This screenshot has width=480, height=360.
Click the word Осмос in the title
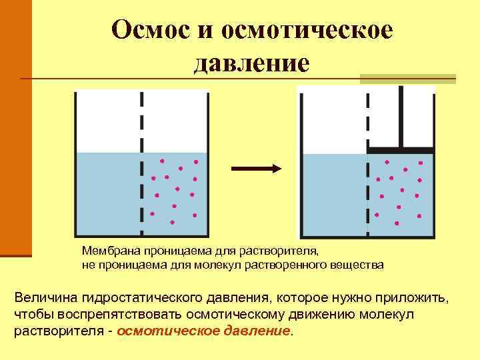151,29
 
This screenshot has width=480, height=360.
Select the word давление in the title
251,63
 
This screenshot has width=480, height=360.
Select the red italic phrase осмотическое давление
204,331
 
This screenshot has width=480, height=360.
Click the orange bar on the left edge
15,127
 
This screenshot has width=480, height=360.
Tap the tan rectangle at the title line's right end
407,79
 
